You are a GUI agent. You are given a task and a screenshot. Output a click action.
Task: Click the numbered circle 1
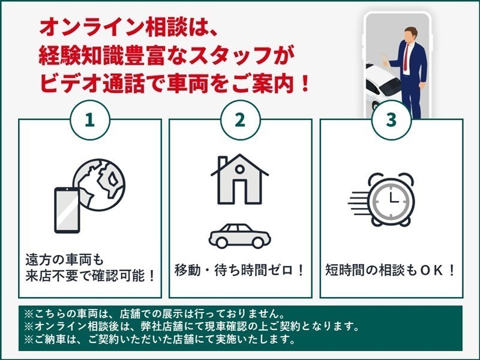(x=90, y=120)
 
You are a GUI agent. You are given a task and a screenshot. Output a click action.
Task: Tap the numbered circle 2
(x=241, y=120)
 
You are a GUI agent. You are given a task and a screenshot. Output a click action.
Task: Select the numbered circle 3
(x=391, y=120)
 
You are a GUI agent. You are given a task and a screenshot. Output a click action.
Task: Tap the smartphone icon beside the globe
(x=67, y=210)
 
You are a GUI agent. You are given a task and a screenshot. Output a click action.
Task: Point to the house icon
(x=239, y=179)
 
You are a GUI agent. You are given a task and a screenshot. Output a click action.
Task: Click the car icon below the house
(x=239, y=236)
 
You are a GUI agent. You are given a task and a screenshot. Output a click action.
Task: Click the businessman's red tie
(x=406, y=58)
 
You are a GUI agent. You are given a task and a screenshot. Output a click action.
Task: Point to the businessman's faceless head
(x=410, y=35)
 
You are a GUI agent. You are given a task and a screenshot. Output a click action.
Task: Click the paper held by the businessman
(x=386, y=61)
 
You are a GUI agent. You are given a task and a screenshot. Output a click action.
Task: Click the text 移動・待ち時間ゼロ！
(x=239, y=270)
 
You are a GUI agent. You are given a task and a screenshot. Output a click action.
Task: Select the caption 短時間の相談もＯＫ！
(x=391, y=270)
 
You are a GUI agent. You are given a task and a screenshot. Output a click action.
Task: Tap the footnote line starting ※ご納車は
(x=160, y=339)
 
